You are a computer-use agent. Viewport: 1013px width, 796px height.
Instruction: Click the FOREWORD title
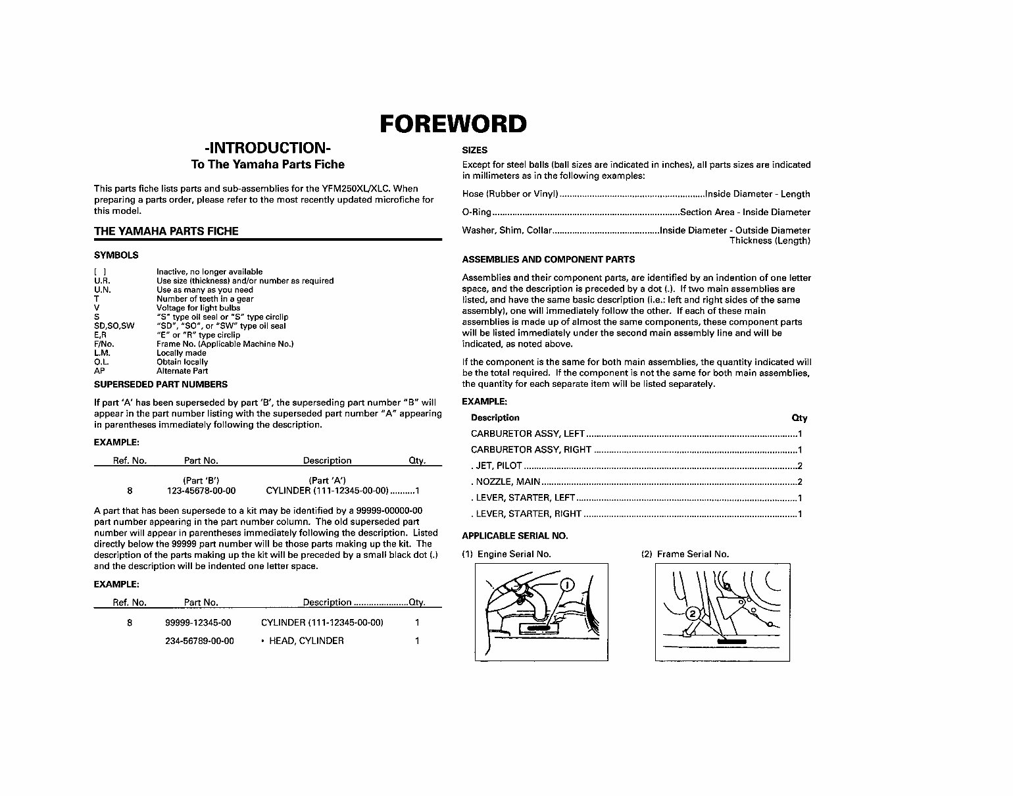click(453, 124)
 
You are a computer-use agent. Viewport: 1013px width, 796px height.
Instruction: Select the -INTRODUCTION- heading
click(268, 147)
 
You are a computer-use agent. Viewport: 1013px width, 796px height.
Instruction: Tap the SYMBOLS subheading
click(116, 255)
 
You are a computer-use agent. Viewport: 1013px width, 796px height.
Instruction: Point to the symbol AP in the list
click(99, 371)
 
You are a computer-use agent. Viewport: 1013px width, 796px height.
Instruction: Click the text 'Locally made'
click(181, 353)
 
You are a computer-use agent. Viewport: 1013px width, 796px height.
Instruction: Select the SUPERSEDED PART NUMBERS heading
click(161, 384)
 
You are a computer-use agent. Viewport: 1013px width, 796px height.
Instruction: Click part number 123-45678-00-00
click(201, 491)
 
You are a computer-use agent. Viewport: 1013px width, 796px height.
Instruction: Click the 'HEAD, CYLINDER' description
click(306, 641)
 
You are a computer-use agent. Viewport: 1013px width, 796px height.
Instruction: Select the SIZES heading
click(474, 150)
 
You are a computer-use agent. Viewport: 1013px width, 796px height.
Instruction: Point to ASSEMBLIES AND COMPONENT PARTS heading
click(548, 259)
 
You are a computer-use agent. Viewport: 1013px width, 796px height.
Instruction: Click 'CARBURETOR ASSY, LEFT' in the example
click(528, 434)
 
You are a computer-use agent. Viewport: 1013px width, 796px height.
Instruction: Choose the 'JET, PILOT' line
click(498, 466)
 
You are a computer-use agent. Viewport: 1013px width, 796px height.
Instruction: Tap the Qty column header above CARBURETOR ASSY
click(799, 418)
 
